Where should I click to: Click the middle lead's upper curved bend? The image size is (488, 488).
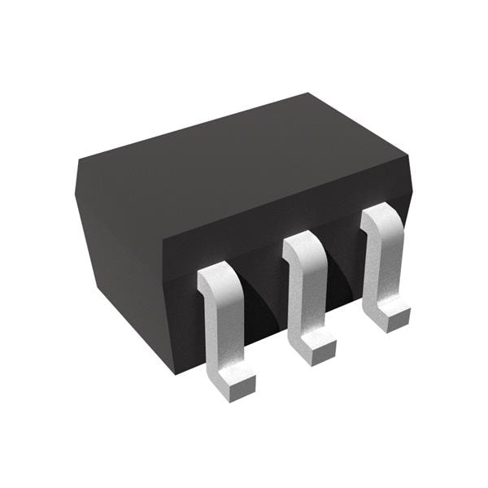[303, 244]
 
